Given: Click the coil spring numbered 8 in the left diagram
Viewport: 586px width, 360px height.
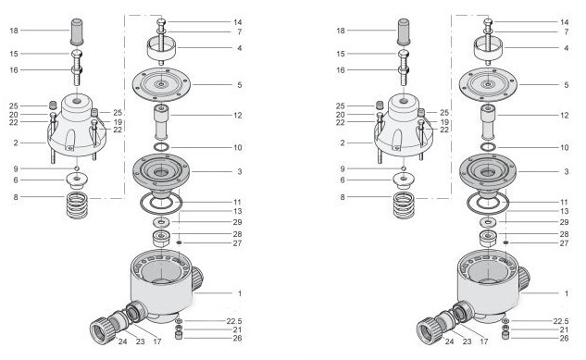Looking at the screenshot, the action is coord(77,205).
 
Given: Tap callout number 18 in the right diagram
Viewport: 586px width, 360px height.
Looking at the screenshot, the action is coord(341,31).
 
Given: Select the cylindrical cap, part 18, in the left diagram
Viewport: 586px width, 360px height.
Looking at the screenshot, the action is coord(77,31).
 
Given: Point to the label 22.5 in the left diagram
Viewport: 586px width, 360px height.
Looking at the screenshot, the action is coord(234,321).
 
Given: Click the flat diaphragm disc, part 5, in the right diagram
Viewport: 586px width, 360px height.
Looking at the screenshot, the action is coord(488,84).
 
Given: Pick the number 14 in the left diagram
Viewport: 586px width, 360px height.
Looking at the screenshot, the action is coord(238,22).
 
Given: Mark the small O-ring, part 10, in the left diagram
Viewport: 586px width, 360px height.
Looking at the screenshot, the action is coord(161,147).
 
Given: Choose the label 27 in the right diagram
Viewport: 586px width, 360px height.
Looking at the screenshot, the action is coord(564,243).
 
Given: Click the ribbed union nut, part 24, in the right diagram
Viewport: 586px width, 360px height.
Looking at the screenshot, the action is coord(430,330).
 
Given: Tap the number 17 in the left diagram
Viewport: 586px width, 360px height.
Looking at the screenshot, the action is coord(157,341).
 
